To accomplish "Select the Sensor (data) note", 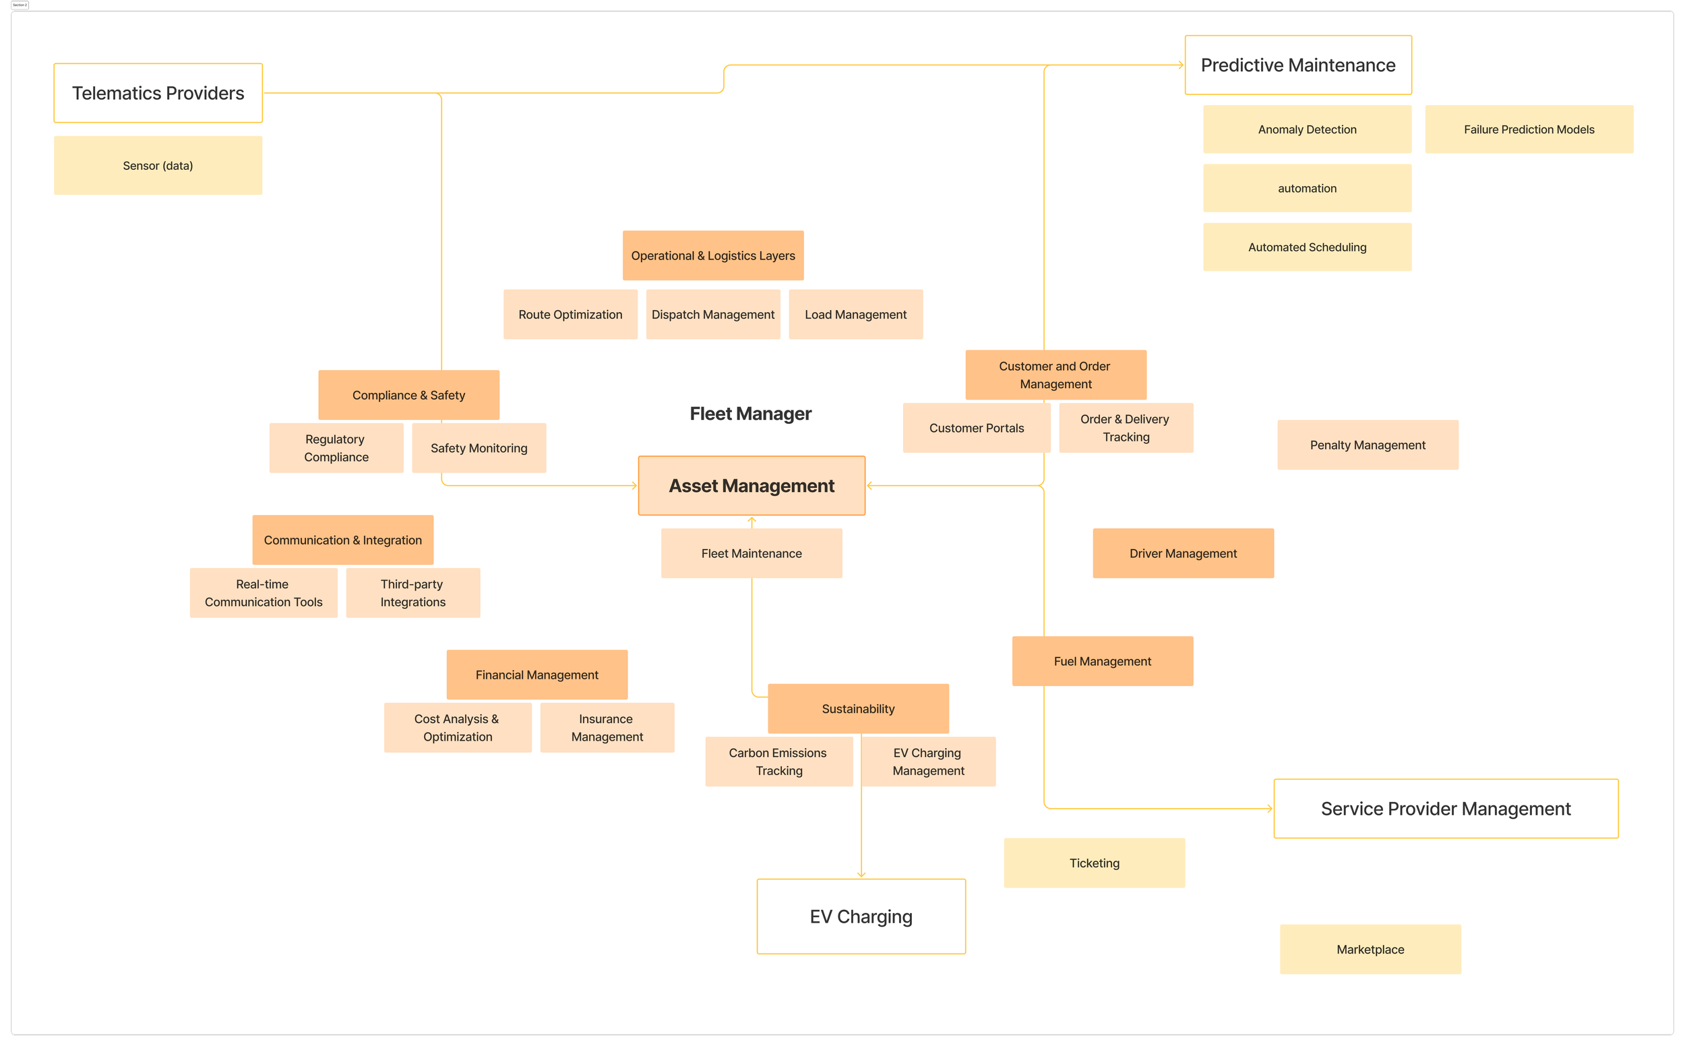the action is (x=158, y=165).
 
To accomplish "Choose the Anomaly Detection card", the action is (x=1307, y=129).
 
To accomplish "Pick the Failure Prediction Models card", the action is (x=1529, y=129).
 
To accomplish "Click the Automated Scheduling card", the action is (x=1307, y=247).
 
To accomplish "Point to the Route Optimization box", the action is (x=570, y=314).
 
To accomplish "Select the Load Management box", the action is (x=855, y=314).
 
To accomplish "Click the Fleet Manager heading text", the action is (x=751, y=414).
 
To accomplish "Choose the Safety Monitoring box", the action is (x=479, y=448).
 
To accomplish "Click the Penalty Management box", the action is (x=1368, y=445).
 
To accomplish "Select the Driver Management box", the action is (x=1183, y=553).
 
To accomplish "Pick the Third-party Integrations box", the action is (x=413, y=593).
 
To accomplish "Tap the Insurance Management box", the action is (x=607, y=728).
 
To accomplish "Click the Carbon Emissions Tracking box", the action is (x=779, y=762).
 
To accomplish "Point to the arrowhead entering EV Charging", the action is (x=861, y=875).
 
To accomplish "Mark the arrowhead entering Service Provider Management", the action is (x=1269, y=808).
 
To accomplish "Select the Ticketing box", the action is (x=1095, y=863).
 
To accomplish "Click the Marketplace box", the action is (x=1370, y=949).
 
